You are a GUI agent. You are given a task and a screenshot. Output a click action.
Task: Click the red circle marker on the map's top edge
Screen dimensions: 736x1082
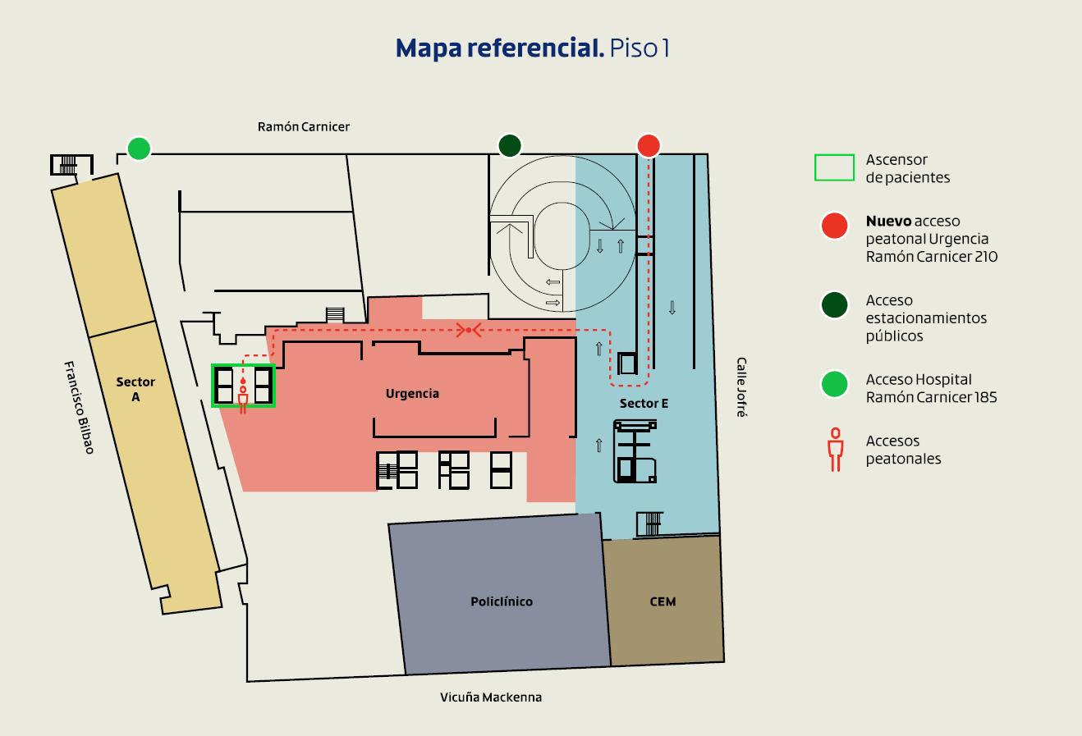point(649,145)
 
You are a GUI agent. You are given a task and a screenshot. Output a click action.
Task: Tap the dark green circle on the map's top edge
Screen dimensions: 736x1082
point(510,145)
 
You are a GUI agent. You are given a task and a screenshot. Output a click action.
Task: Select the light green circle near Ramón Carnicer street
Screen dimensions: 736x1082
point(139,149)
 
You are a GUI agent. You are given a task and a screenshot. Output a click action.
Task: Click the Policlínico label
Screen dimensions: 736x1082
point(502,601)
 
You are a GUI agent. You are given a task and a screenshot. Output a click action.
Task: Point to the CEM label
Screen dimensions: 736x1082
point(662,601)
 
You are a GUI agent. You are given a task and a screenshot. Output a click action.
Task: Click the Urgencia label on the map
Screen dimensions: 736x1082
point(412,394)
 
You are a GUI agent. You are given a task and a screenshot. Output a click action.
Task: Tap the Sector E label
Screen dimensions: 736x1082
point(644,403)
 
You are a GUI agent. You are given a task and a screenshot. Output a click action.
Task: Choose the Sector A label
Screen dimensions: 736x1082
point(135,389)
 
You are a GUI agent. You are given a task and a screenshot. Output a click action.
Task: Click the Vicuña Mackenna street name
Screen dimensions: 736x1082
point(491,697)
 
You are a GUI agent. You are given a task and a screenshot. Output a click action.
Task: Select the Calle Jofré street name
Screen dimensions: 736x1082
point(740,387)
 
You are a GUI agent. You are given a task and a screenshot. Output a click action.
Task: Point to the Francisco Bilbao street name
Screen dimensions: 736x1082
point(80,407)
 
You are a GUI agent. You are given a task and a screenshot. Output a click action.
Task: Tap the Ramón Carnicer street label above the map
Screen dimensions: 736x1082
point(304,127)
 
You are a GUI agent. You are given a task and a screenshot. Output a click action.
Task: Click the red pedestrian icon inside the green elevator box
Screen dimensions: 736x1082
point(243,398)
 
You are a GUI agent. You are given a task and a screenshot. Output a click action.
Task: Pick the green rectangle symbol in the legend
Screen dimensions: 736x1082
point(834,167)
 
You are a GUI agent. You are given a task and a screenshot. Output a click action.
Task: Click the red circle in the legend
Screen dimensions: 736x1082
point(834,226)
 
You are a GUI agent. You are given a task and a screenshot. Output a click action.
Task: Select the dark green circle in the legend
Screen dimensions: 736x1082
point(834,304)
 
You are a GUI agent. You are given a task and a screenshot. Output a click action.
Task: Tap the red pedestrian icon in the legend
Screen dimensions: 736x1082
point(836,450)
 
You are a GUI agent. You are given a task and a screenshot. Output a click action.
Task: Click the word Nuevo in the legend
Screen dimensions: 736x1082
point(888,222)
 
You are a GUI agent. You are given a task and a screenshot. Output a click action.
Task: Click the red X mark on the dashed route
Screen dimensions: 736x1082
point(468,330)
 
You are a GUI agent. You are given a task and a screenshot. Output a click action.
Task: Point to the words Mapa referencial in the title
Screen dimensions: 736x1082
point(499,48)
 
